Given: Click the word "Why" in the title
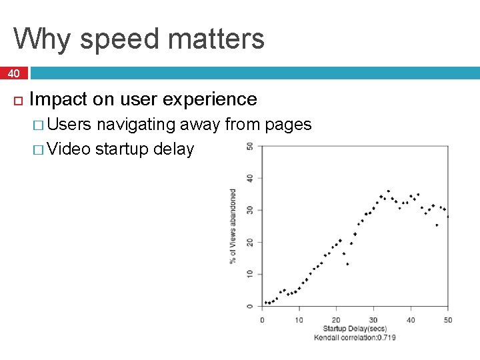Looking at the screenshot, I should (x=41, y=39).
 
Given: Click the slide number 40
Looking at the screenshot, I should (x=14, y=73).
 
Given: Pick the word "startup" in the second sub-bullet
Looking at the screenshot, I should (x=122, y=149).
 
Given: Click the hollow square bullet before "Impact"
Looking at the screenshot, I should (x=18, y=101).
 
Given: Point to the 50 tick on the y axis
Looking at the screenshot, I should (x=249, y=146).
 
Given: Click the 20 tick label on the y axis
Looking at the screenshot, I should (x=249, y=242).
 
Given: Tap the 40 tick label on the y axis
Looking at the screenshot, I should (x=249, y=178).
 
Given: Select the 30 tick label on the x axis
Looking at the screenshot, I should (x=373, y=320).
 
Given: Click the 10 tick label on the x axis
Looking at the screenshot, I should (x=299, y=320).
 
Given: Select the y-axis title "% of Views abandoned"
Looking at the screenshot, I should (x=233, y=225).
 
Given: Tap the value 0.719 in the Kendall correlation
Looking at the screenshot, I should (x=387, y=337).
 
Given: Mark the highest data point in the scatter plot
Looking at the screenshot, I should (x=388, y=191).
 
